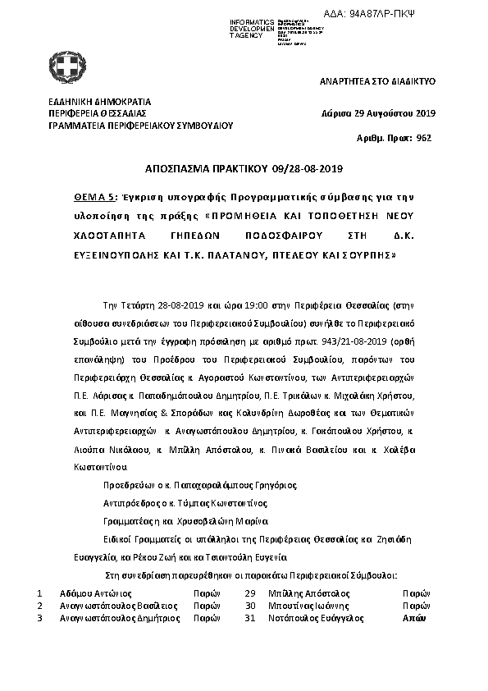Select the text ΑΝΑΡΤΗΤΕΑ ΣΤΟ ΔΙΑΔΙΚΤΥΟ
pos(377,83)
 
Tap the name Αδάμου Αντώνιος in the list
pos(96,592)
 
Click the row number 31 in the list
pos(251,618)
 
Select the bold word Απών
pos(415,618)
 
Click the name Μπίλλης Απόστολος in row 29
pos(308,592)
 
